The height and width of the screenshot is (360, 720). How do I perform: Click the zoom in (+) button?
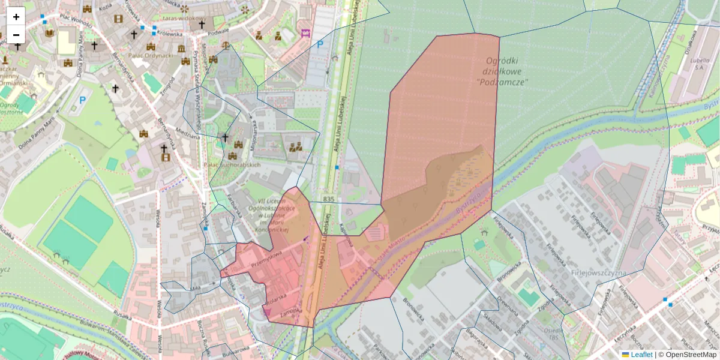16,17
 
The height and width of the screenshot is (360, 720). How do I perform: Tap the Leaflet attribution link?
641,355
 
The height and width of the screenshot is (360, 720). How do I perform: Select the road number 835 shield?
328,199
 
